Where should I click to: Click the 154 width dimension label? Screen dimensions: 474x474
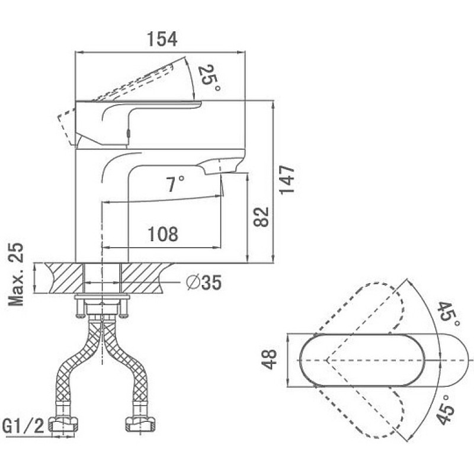[x=162, y=39]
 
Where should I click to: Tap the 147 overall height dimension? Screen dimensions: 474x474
[x=286, y=180]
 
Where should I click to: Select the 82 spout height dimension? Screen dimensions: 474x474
[x=261, y=217]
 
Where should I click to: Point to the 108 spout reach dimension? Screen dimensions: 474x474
[x=163, y=234]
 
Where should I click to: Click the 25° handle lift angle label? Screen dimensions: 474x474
[x=209, y=78]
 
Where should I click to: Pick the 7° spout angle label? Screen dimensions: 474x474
[x=175, y=184]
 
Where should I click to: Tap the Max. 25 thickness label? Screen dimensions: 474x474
[x=16, y=274]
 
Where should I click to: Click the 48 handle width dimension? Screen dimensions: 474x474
[x=269, y=359]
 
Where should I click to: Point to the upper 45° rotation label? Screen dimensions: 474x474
[x=449, y=315]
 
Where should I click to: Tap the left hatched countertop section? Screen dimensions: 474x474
[x=64, y=278]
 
